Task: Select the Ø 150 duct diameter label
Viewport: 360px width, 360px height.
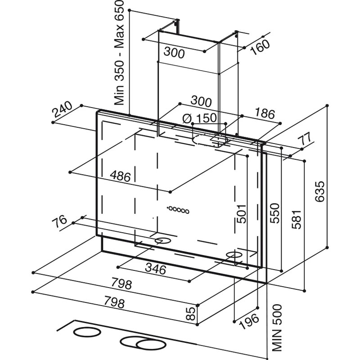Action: pos(200,118)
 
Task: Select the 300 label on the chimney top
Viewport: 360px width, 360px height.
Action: pos(174,53)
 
